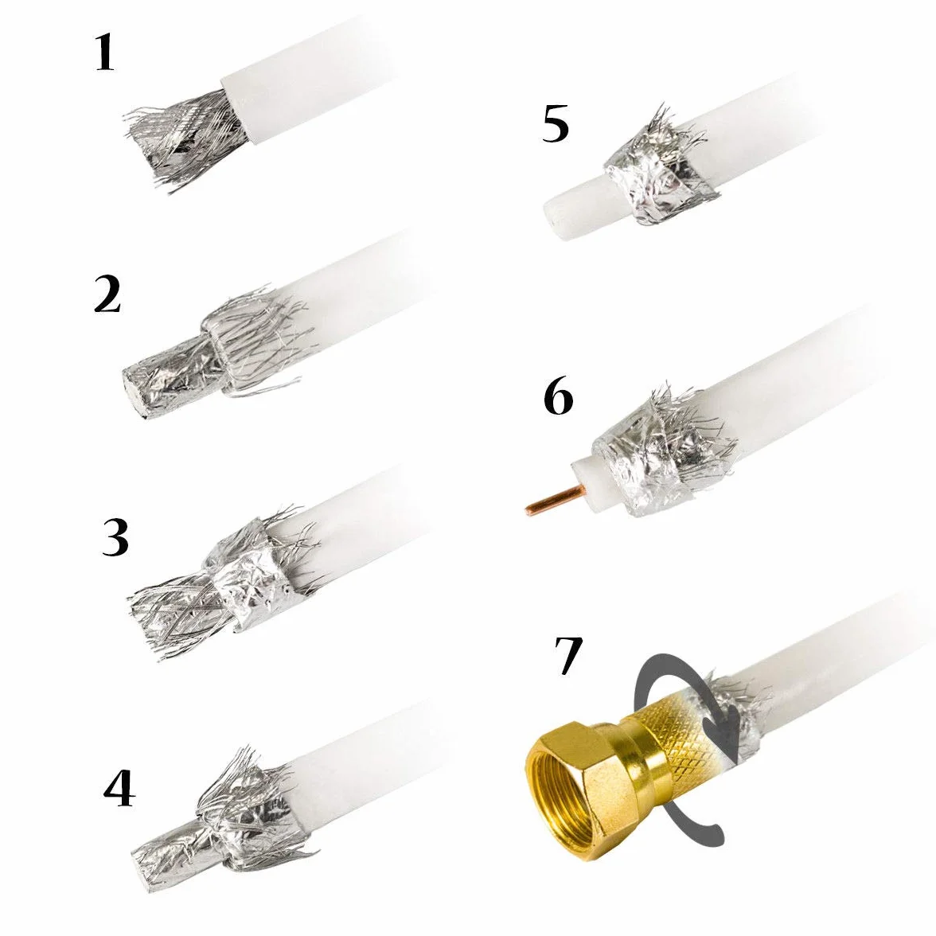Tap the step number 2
click(107, 294)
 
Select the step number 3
click(115, 537)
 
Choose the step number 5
click(556, 125)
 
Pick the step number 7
click(567, 656)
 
